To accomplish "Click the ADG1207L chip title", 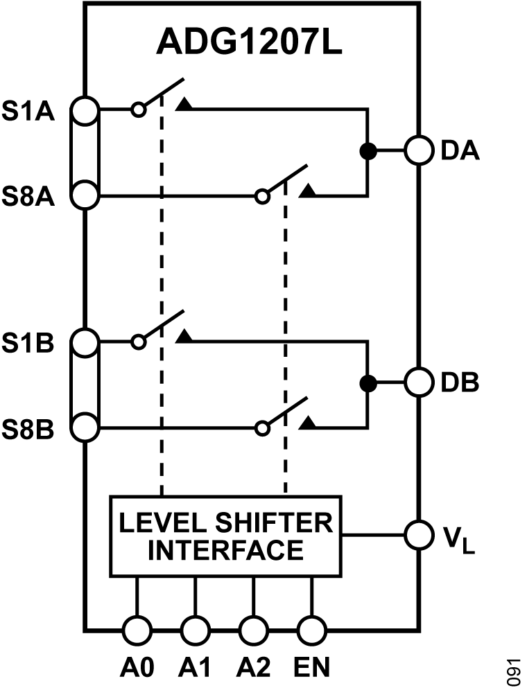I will tap(250, 43).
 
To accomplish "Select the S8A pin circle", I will tap(85, 195).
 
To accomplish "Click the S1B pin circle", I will tap(85, 342).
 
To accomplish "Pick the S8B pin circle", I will tap(85, 427).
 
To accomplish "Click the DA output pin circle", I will tap(419, 150).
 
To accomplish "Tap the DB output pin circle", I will tap(419, 382).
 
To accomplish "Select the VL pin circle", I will tap(419, 534).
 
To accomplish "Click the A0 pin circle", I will tap(137, 630).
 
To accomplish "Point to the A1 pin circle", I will tap(195, 630).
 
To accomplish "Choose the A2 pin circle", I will tap(253, 630).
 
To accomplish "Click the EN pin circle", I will tap(311, 630).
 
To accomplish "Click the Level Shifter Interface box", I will tap(225, 536).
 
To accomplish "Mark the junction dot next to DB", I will tap(368, 382).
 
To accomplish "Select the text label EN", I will tap(311, 667).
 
